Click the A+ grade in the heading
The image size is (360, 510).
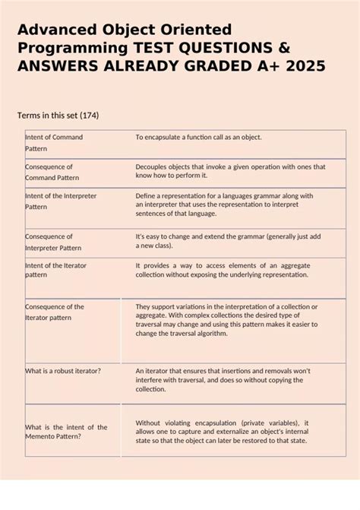pyautogui.click(x=265, y=68)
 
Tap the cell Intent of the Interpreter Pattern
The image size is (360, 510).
pyautogui.click(x=61, y=201)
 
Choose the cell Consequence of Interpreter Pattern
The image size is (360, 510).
pyautogui.click(x=53, y=242)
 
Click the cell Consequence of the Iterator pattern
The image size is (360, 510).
pyautogui.click(x=55, y=312)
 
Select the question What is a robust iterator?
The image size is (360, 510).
pyautogui.click(x=63, y=370)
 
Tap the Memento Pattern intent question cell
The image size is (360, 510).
pyautogui.click(x=66, y=432)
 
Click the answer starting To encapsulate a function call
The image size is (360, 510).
pyautogui.click(x=198, y=138)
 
